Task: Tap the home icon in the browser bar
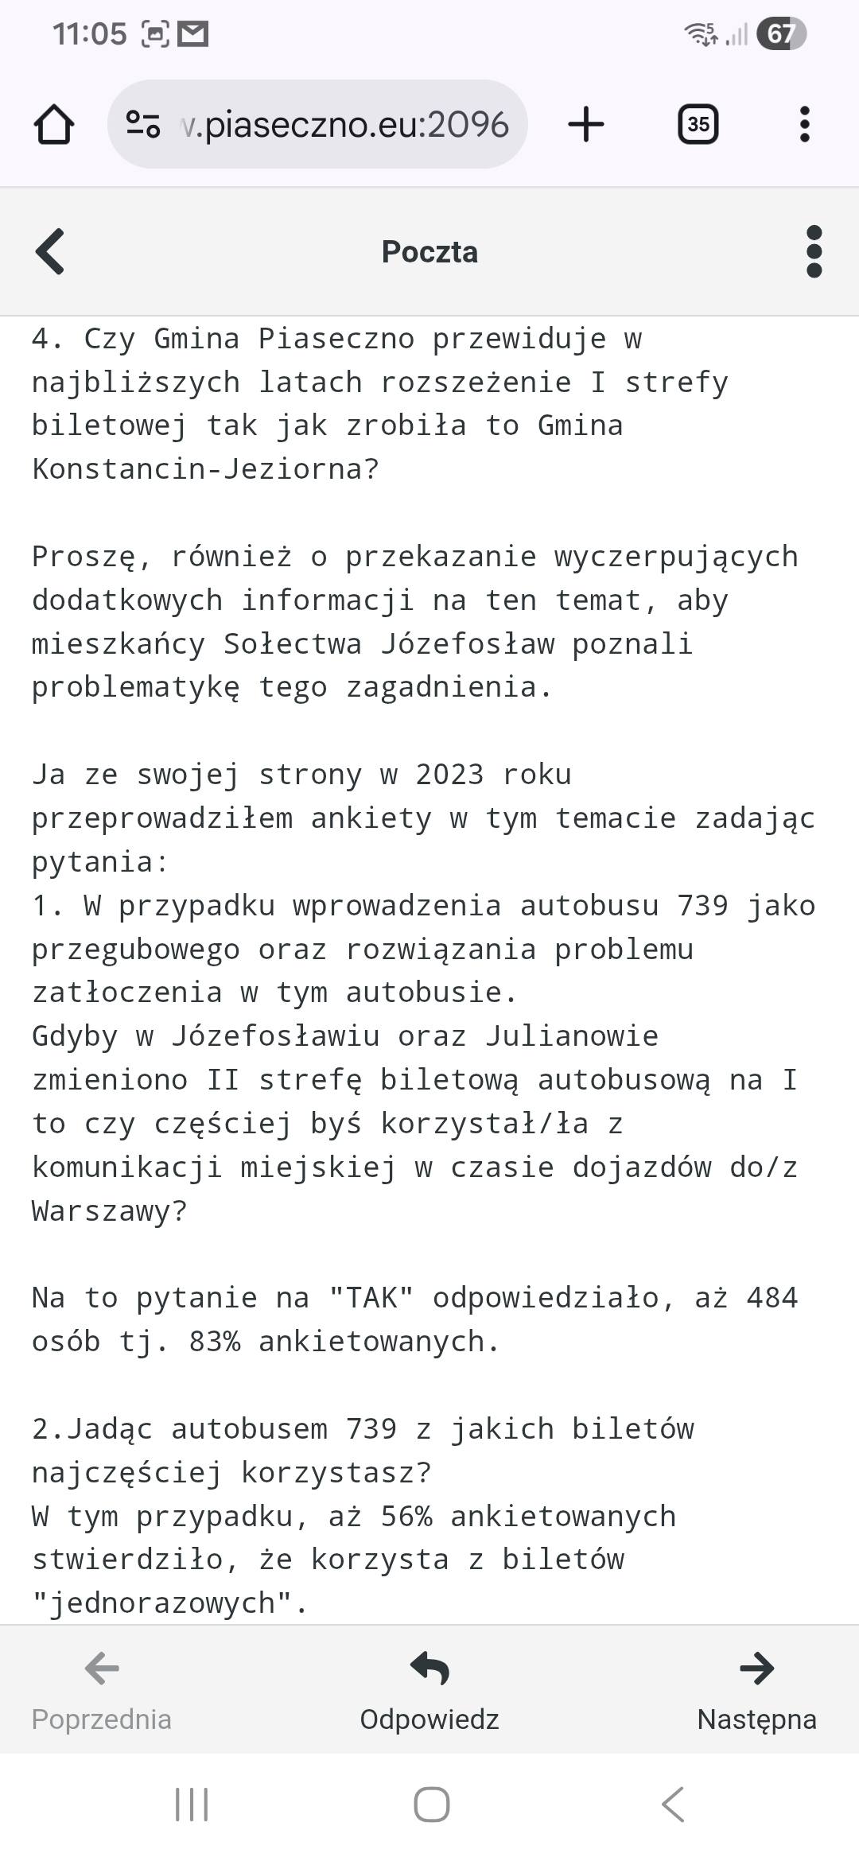[x=54, y=125]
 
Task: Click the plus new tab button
[x=586, y=125]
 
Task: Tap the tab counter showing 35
[x=698, y=125]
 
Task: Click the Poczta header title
[x=429, y=251]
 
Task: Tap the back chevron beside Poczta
[x=50, y=251]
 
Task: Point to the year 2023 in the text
[x=449, y=775]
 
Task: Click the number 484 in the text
[x=772, y=1298]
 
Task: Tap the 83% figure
[x=214, y=1342]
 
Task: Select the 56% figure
[x=406, y=1517]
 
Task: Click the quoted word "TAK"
[x=371, y=1298]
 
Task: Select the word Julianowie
[x=572, y=1036]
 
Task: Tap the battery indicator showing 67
[x=781, y=34]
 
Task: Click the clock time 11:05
[x=89, y=34]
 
